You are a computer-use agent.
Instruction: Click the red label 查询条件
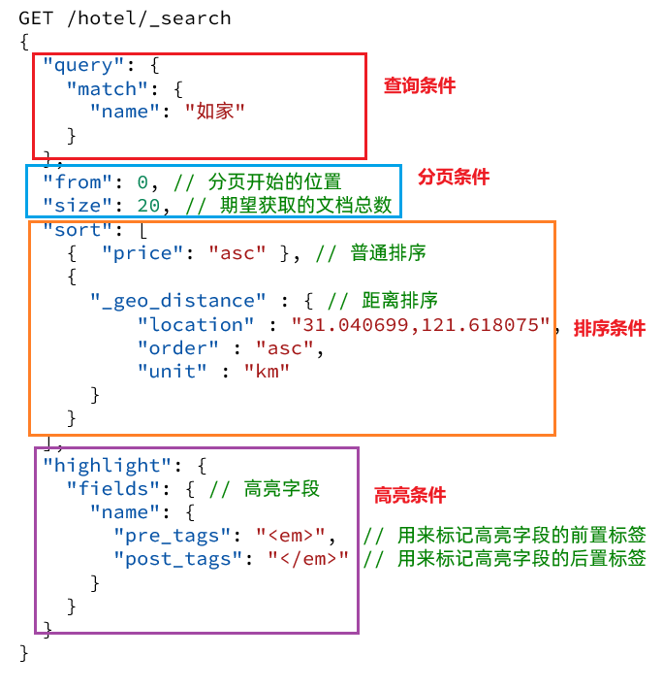click(419, 85)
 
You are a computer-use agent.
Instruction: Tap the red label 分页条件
click(454, 177)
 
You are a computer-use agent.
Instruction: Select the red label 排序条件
click(609, 328)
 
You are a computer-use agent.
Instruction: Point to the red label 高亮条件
click(410, 495)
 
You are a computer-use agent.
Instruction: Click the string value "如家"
click(214, 112)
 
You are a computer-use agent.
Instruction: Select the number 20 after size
click(148, 205)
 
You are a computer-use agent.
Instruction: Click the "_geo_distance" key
click(178, 300)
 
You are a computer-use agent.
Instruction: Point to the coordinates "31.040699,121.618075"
click(422, 324)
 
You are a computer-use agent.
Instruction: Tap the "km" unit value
click(267, 371)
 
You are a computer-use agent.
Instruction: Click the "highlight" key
click(108, 465)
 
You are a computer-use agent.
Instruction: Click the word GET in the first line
click(36, 18)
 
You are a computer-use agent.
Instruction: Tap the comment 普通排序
click(388, 252)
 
